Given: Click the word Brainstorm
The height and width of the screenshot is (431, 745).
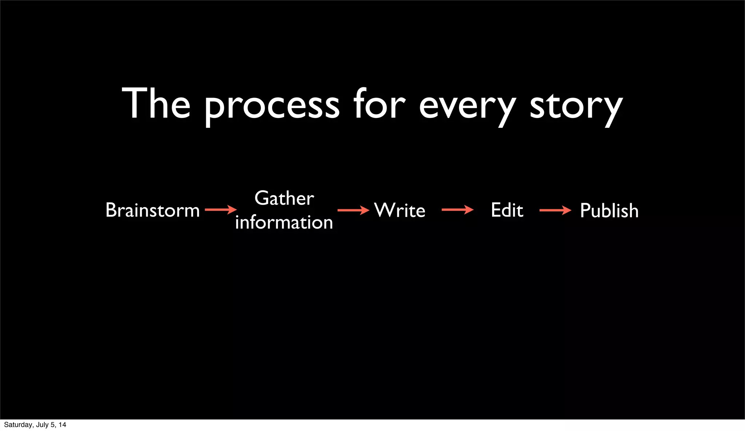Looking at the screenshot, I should (152, 210).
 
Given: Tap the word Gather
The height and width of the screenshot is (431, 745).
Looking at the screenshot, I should (284, 198).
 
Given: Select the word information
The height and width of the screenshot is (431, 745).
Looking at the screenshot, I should (284, 222).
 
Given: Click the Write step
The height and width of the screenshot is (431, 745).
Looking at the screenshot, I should (399, 210).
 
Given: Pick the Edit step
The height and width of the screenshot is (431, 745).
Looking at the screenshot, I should (507, 210).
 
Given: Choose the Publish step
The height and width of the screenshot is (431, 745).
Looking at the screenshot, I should (609, 211).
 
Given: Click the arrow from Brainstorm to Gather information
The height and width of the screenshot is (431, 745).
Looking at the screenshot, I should (220, 210).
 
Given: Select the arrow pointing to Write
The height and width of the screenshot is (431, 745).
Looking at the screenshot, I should (353, 210).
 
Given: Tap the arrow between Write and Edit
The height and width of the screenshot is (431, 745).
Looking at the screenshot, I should (457, 210).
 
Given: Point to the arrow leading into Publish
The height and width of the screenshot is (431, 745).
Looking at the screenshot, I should (555, 210).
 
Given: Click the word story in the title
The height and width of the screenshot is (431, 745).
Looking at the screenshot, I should (576, 107).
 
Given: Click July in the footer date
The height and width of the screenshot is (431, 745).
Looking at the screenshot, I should (42, 425).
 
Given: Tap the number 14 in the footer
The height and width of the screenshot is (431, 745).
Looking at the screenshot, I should (63, 425).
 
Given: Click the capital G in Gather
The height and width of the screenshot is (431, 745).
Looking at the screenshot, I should (262, 198).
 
